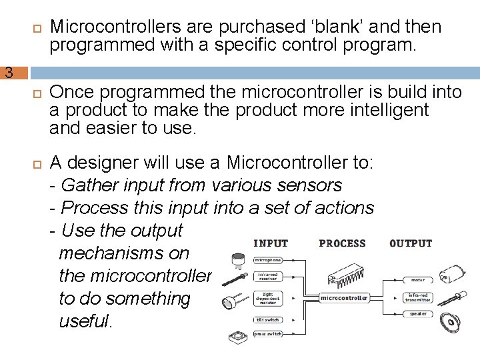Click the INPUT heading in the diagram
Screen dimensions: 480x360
(271, 243)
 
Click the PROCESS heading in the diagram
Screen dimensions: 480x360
(343, 243)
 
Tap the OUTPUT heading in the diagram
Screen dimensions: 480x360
(411, 243)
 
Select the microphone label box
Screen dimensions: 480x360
(267, 260)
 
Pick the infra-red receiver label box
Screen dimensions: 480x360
(267, 276)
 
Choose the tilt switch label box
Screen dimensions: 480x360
(267, 320)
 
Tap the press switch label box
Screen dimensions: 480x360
(267, 333)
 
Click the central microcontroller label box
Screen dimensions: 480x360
(345, 298)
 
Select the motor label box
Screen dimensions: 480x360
(418, 280)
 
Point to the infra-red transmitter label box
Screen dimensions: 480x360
(418, 297)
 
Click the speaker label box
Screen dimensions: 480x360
(418, 313)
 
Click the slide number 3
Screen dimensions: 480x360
(9, 73)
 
